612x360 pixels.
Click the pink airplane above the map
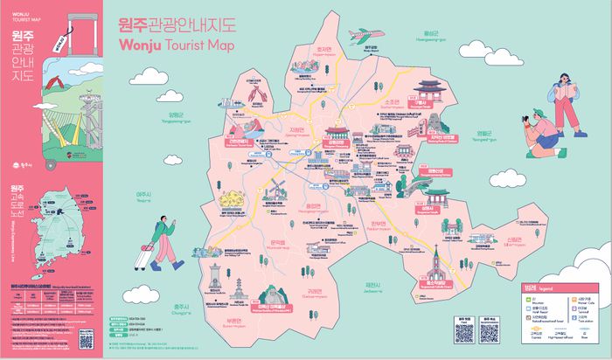370,37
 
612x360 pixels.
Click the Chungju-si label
183,308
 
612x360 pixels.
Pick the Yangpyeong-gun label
178,117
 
